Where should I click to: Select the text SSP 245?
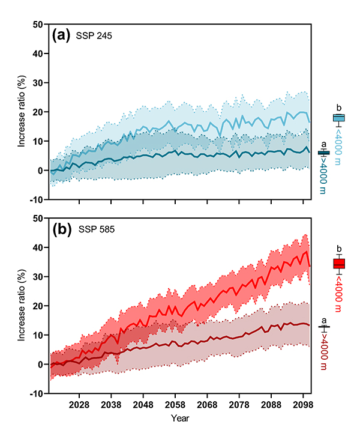click(94, 36)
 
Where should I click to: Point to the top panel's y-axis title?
click(22, 112)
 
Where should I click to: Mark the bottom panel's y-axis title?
click(22, 306)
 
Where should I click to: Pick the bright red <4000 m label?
click(339, 293)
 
